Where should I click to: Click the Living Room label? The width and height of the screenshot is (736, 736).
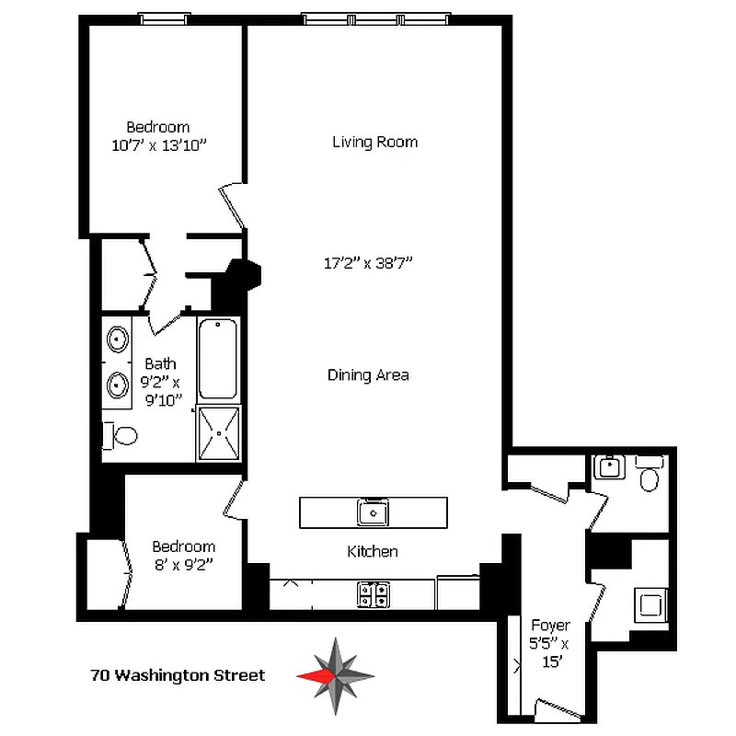point(374,142)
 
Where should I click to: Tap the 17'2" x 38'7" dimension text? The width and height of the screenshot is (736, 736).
point(368,263)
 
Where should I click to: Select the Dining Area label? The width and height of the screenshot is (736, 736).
point(368,375)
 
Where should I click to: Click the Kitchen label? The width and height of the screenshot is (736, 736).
point(373,552)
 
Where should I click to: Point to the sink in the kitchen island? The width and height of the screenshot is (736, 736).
point(374,512)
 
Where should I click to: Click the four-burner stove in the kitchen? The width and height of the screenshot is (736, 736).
point(372,594)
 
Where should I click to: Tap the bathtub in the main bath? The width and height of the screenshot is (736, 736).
point(218,359)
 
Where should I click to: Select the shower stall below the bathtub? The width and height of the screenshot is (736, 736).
point(218,432)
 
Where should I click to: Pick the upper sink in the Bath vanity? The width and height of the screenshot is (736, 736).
point(118,339)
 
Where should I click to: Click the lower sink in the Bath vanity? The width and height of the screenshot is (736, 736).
point(118,384)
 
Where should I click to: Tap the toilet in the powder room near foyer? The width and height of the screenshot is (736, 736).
point(650,476)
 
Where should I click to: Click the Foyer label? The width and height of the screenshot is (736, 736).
point(550,626)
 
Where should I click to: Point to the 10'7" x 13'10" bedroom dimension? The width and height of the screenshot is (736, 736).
point(157,144)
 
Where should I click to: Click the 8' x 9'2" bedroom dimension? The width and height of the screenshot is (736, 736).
point(183,564)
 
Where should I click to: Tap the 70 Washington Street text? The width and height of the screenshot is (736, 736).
point(178,675)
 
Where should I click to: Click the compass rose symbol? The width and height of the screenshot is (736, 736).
point(336,675)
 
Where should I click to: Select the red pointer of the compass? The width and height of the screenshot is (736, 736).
point(314,675)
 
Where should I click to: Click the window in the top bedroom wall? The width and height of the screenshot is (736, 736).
point(164,18)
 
